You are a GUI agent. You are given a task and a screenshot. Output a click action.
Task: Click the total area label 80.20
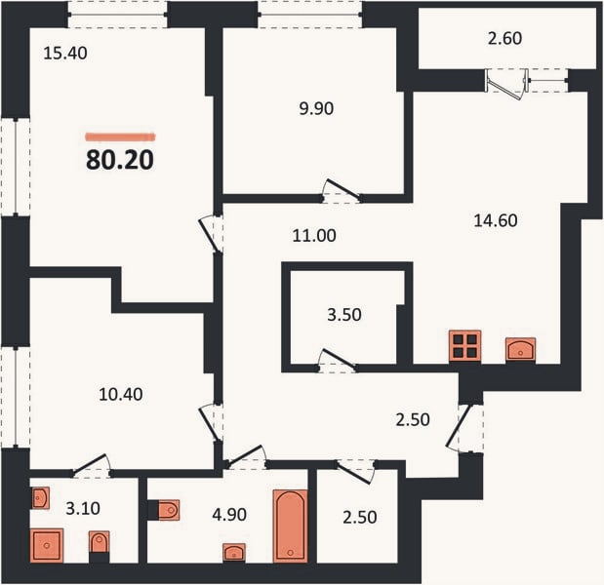pos(120,160)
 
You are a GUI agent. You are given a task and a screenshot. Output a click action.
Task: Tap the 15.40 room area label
pos(65,53)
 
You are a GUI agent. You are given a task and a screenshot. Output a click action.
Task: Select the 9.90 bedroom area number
pos(316,108)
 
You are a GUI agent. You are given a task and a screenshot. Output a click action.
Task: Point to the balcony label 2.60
pos(504,38)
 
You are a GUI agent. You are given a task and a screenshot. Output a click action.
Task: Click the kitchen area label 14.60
pos(496,220)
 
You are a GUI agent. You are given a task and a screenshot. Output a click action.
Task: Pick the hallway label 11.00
pos(314,235)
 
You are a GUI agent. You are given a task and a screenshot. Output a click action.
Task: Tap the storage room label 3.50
pos(344,315)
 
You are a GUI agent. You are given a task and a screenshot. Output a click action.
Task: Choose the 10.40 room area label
pos(121,394)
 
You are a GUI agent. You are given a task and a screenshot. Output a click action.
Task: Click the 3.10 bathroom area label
pos(83,508)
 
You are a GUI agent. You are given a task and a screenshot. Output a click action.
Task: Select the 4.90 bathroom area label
pos(229,515)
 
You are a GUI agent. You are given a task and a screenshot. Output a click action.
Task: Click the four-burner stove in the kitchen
pos(464,346)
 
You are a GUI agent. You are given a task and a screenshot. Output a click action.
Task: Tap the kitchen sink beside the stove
pos(520,349)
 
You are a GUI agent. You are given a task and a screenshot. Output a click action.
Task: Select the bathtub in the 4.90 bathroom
pos(291,526)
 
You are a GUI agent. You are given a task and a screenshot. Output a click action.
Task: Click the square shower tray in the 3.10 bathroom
pos(47,545)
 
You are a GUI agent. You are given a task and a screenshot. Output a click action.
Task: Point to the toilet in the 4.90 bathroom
pos(165,510)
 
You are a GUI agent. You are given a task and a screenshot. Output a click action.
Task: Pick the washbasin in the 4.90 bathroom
pos(234,553)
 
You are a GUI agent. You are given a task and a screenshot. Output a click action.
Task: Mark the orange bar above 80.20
pos(120,136)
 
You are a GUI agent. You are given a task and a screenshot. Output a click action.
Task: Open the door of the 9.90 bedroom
pos(342,191)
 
